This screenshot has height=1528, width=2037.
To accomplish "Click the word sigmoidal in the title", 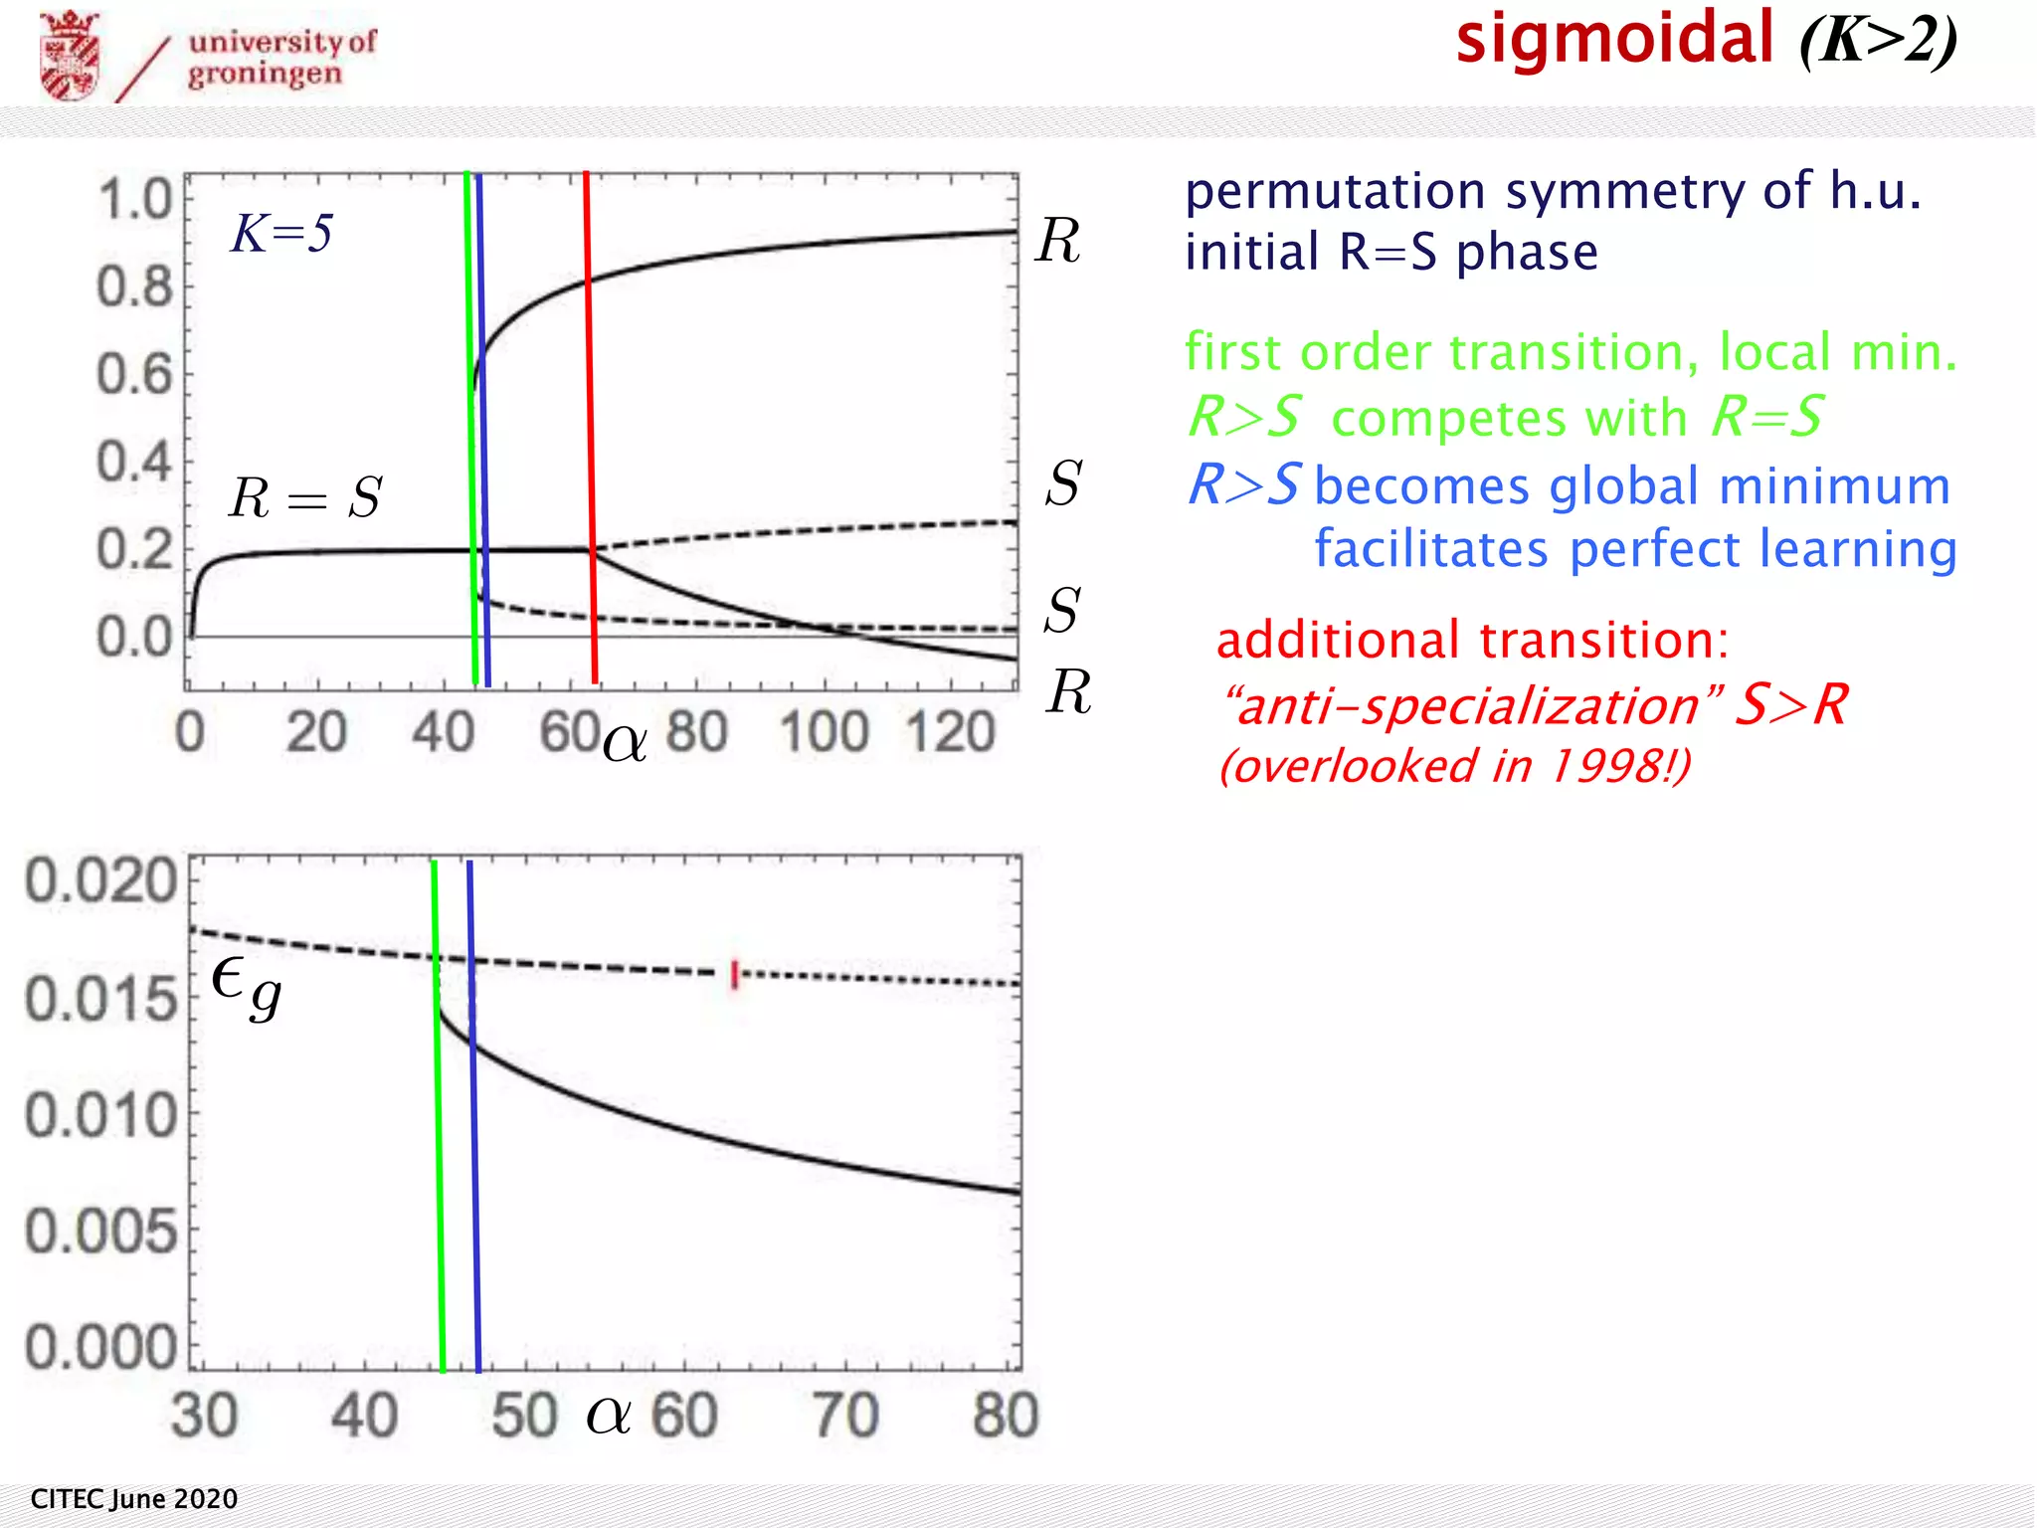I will (x=1614, y=40).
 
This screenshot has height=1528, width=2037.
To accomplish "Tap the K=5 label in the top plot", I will (x=281, y=234).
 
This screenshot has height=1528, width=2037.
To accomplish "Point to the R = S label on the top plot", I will (x=304, y=496).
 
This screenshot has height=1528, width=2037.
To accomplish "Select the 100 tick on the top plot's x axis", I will (x=825, y=733).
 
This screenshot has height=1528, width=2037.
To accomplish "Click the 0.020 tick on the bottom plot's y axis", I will (x=100, y=881).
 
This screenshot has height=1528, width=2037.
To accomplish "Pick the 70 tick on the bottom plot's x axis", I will (x=845, y=1415).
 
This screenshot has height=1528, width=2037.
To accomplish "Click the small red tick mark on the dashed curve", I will (x=735, y=975).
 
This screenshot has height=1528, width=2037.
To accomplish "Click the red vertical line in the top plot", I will (x=590, y=428).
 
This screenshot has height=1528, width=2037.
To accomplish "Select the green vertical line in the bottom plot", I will (x=439, y=1114).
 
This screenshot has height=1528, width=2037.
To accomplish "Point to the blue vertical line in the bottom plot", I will (x=474, y=1114).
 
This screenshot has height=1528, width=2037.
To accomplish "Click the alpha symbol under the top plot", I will (x=625, y=742).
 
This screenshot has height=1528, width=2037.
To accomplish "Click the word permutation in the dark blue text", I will (x=1336, y=191).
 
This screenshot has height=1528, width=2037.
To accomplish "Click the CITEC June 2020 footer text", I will (x=134, y=1499).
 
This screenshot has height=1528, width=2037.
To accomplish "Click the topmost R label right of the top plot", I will (x=1057, y=241).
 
